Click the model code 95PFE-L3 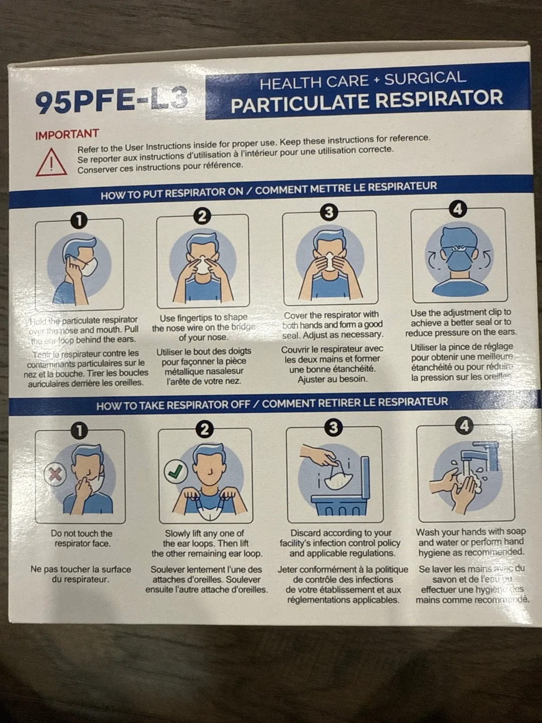click(111, 100)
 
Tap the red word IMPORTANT click(67, 135)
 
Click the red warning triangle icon click(51, 162)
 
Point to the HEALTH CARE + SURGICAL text click(362, 80)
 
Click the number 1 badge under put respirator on click(79, 220)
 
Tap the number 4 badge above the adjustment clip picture click(457, 208)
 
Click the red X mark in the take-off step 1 click(55, 473)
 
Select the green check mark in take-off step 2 click(176, 471)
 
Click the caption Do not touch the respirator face click(82, 538)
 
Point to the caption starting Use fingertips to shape click(203, 327)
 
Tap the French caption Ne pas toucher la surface click(81, 574)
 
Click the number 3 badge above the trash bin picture click(333, 427)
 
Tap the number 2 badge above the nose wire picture click(202, 216)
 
